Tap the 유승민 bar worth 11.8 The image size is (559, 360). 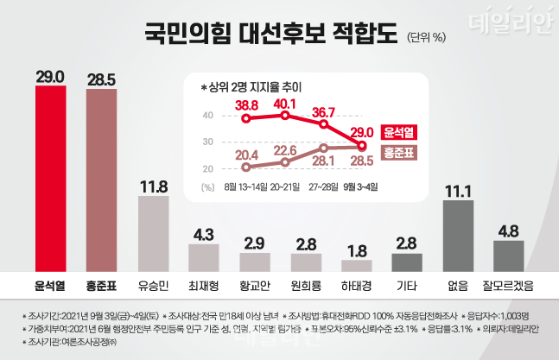pos(153,233)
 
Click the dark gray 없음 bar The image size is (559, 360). pos(458,236)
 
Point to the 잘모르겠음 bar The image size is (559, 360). pos(508,256)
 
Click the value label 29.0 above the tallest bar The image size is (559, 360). pos(51,77)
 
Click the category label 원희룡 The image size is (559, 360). pos(306,285)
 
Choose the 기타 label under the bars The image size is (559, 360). pos(407,285)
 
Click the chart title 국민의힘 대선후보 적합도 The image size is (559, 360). pos(270,35)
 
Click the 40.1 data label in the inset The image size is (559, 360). pos(286,103)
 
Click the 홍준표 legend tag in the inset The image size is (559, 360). pos(399,153)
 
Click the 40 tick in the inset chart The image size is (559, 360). pos(207,116)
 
